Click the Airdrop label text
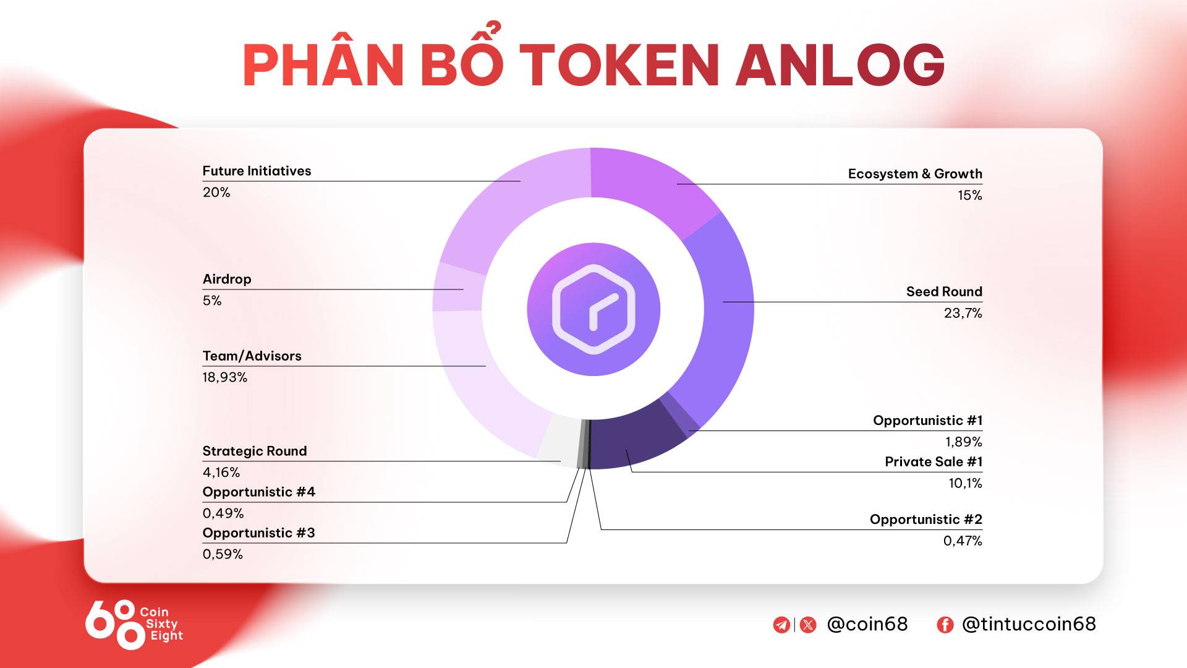pyautogui.click(x=227, y=279)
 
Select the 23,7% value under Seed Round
pyautogui.click(x=963, y=313)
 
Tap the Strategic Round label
pyautogui.click(x=255, y=451)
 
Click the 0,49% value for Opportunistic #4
pyautogui.click(x=223, y=513)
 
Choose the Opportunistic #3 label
pyautogui.click(x=258, y=533)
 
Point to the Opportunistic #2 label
pyautogui.click(x=926, y=520)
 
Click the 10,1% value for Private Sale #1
pyautogui.click(x=966, y=483)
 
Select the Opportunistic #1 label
pyautogui.click(x=927, y=421)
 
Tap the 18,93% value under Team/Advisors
pyautogui.click(x=225, y=377)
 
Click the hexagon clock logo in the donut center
pyautogui.click(x=593, y=309)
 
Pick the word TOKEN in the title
pyautogui.click(x=620, y=65)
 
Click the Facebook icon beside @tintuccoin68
pyautogui.click(x=945, y=625)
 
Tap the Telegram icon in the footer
pyautogui.click(x=781, y=625)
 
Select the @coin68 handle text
pyautogui.click(x=867, y=624)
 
